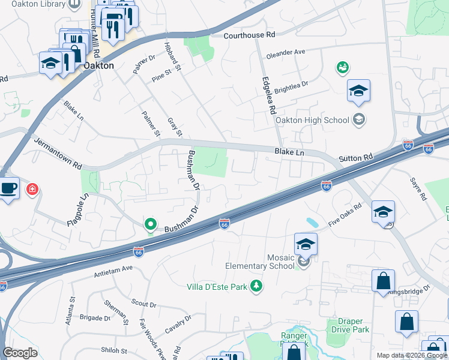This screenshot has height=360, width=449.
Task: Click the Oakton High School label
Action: click(312, 120)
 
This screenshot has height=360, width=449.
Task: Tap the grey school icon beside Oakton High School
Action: click(358, 119)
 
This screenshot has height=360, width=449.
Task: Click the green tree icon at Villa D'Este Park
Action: click(257, 286)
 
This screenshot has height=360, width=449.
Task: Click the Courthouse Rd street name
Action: click(249, 35)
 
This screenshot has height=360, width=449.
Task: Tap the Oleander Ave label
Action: click(285, 52)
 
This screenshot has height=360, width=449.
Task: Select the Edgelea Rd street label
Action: click(268, 95)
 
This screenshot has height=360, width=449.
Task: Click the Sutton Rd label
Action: click(356, 158)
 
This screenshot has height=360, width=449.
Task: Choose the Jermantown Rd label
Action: click(57, 154)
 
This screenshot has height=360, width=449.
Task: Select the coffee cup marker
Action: click(8, 188)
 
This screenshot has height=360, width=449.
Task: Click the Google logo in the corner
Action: click(20, 353)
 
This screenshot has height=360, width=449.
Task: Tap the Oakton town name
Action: click(98, 65)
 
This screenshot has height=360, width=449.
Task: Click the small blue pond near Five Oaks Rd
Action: click(312, 223)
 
